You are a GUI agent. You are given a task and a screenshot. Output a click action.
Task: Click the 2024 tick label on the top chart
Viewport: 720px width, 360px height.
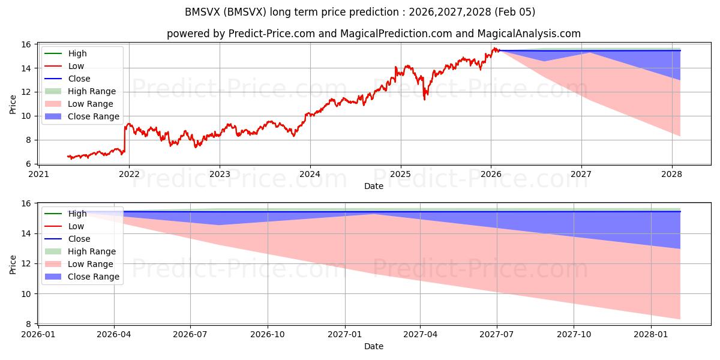[x=310, y=174]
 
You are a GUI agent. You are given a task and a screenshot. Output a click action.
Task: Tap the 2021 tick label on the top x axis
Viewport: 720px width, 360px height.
[x=38, y=174]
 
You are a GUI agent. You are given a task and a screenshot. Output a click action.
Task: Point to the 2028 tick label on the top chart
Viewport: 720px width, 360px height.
[x=672, y=174]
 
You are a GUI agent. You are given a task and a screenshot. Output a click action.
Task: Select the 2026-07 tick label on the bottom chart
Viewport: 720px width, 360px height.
[x=190, y=334]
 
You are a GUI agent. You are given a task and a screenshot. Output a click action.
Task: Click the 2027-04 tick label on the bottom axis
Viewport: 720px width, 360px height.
[x=420, y=334]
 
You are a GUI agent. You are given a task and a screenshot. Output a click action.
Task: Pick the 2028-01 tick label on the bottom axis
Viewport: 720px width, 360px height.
[x=651, y=334]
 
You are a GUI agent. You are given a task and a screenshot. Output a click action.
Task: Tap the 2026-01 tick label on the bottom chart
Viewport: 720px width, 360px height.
[x=38, y=334]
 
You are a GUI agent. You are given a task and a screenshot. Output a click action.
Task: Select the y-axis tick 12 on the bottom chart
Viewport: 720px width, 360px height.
[x=28, y=263]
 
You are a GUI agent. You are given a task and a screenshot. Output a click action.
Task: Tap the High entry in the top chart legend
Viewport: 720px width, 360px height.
[x=77, y=53]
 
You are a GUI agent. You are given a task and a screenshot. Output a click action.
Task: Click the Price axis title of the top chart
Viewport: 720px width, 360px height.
[x=13, y=104]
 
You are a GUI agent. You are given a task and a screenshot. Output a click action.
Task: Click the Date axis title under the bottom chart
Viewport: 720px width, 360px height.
[x=373, y=346]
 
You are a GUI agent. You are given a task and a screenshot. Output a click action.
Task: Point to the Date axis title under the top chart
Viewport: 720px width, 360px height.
[x=373, y=186]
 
